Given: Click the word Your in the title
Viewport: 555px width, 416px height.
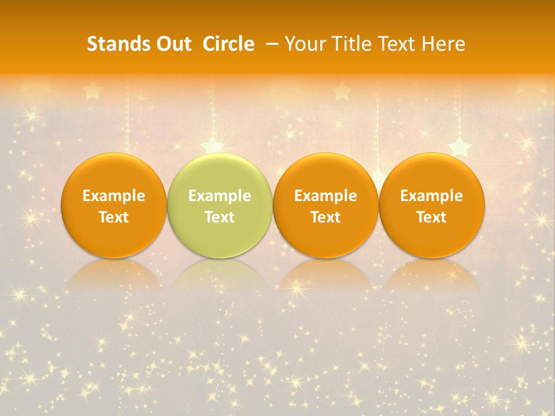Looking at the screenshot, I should (304, 44).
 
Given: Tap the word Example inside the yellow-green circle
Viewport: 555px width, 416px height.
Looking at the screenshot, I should (220, 196).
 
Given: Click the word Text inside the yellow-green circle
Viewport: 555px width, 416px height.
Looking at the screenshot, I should (220, 217).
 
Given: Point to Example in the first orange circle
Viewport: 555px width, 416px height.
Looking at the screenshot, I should (114, 196).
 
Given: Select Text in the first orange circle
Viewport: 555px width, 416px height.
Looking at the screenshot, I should (114, 217).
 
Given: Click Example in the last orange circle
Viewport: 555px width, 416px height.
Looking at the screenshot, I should (431, 196).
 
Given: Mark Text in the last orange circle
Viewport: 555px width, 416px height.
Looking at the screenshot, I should (431, 217).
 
